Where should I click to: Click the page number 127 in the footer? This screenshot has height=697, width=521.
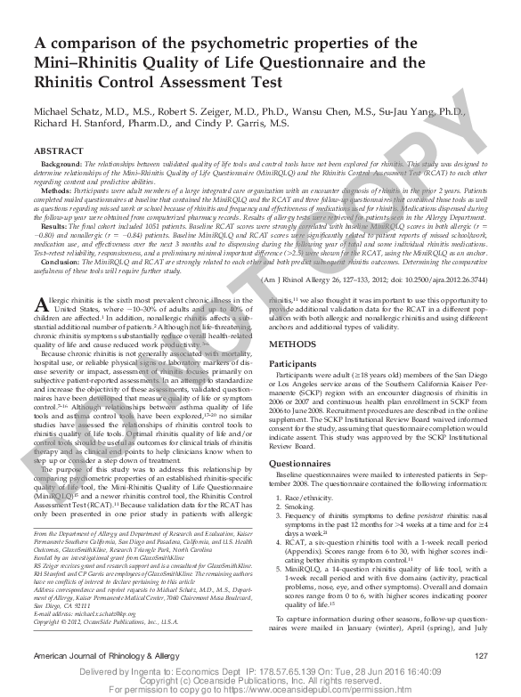(482, 656)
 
